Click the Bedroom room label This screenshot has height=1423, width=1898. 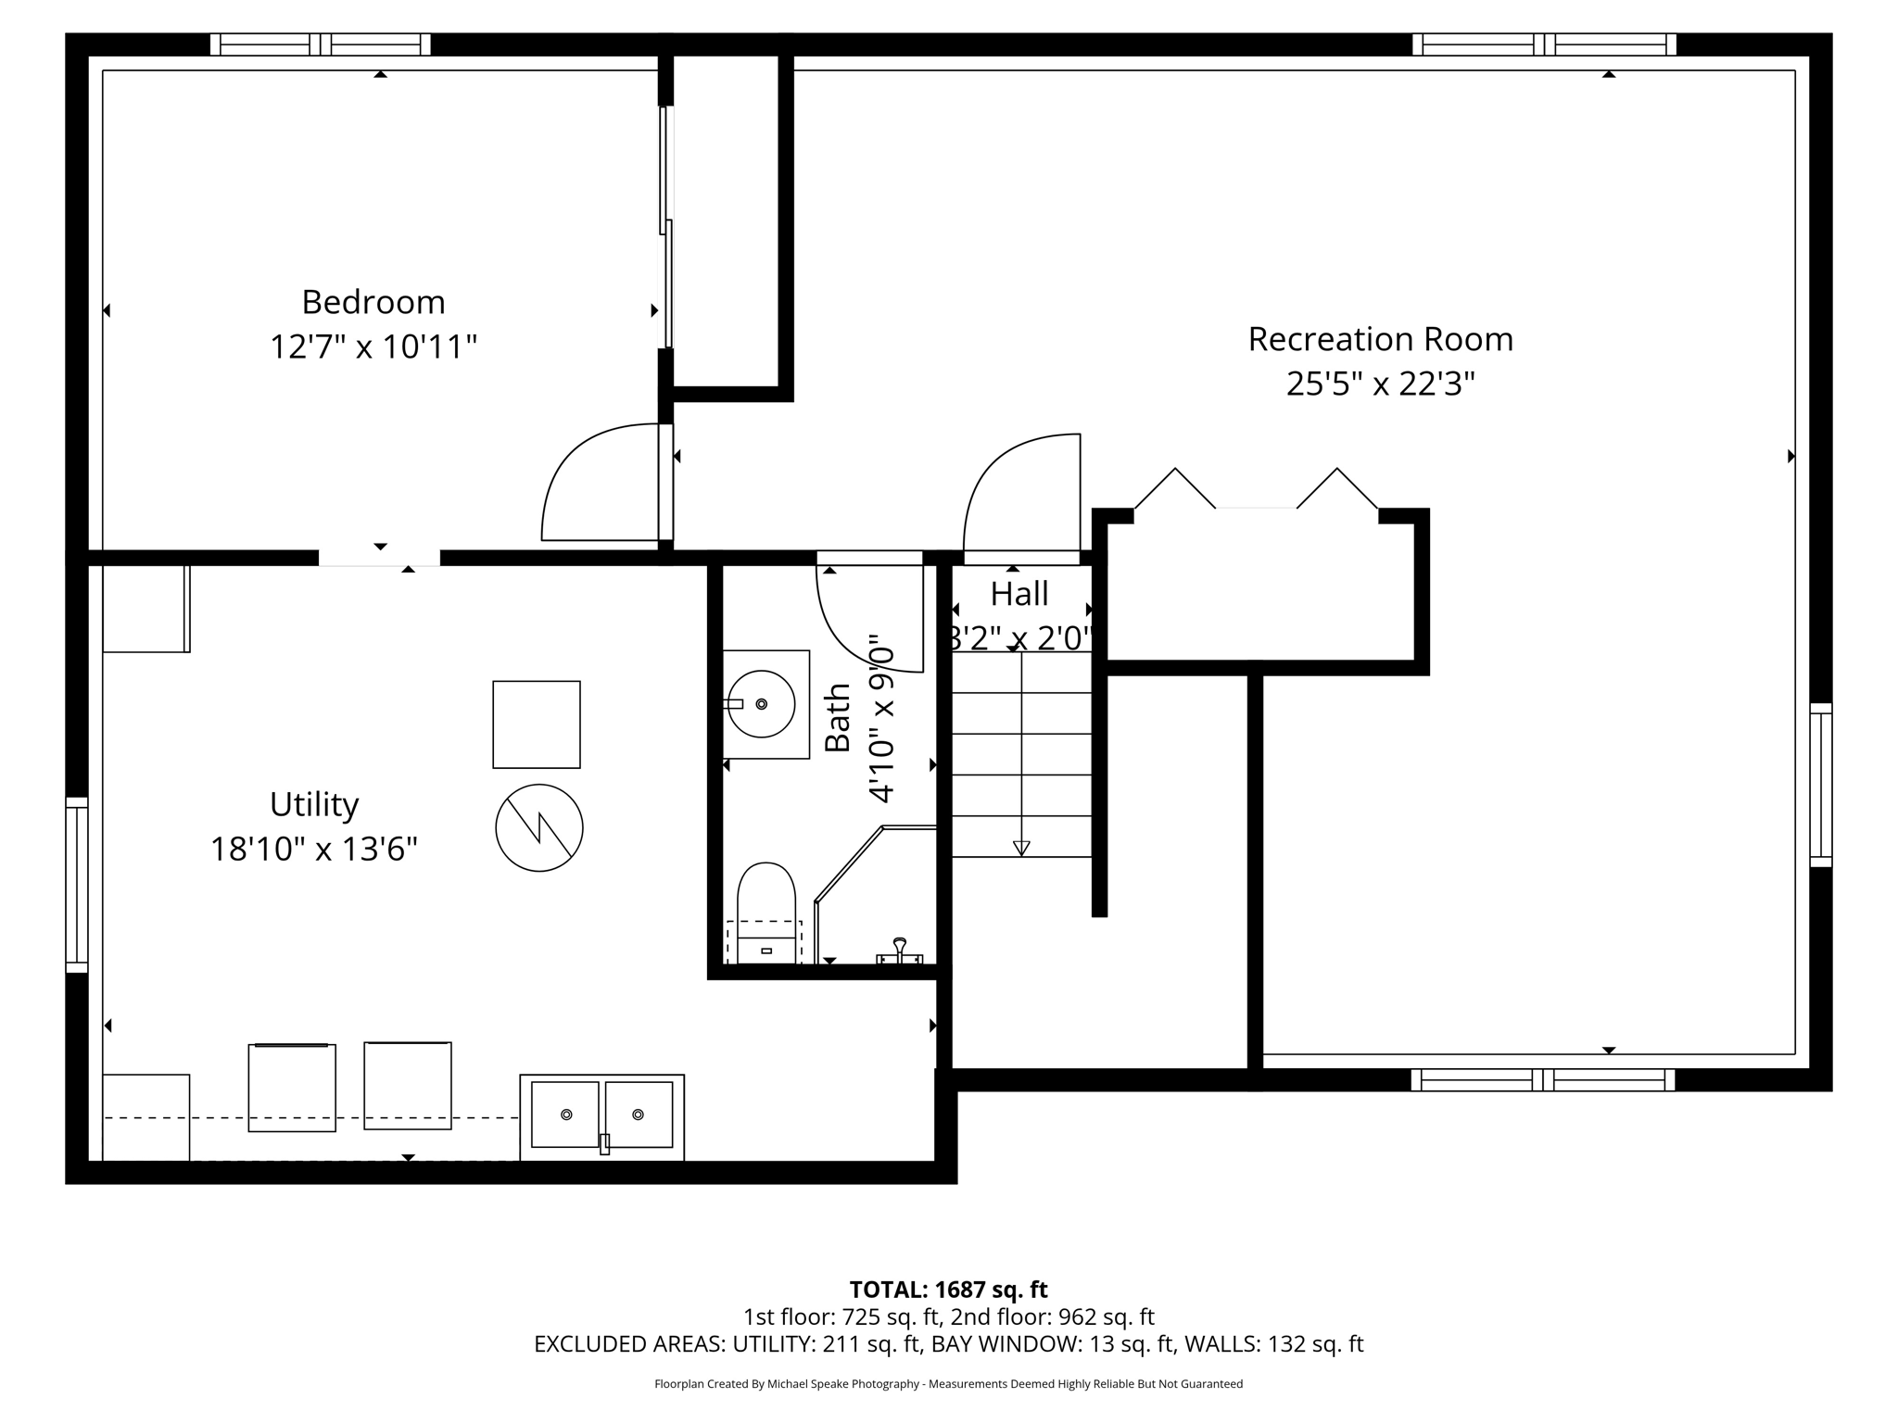(x=373, y=302)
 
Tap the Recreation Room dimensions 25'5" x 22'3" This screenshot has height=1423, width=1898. (x=1379, y=384)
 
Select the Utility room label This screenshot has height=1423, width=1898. (x=313, y=804)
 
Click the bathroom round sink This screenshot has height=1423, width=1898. (x=762, y=704)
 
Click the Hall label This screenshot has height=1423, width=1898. (x=1019, y=594)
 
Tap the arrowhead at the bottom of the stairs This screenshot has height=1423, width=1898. (x=1021, y=847)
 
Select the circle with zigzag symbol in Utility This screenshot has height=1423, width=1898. (x=539, y=827)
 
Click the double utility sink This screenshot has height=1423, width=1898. (x=602, y=1115)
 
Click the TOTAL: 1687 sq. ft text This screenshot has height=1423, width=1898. (x=948, y=1290)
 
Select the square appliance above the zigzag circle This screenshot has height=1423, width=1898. (x=537, y=724)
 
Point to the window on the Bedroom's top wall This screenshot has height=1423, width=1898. (x=320, y=44)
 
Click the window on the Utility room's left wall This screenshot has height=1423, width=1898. (x=77, y=885)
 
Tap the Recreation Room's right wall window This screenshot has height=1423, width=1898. (x=1820, y=785)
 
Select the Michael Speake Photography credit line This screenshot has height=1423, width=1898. (x=948, y=1384)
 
